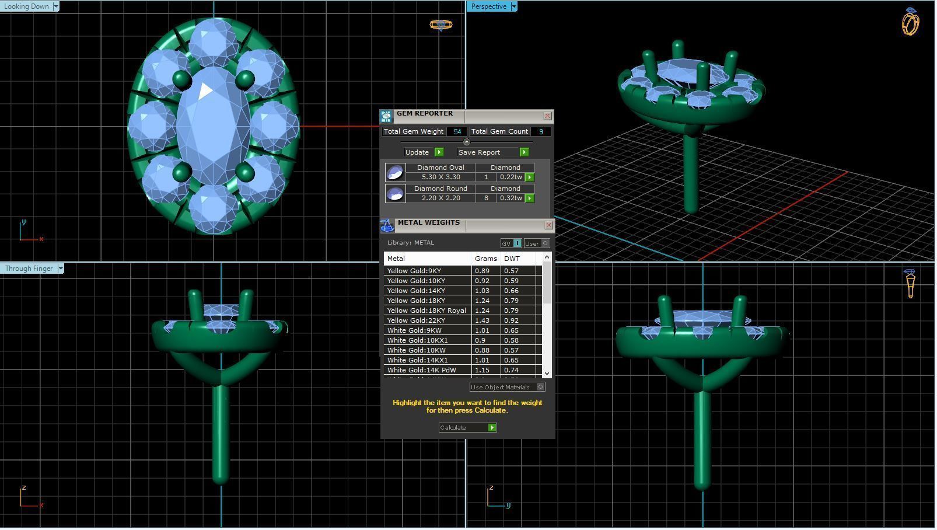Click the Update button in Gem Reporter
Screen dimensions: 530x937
pos(423,152)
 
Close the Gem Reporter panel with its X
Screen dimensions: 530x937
pos(547,116)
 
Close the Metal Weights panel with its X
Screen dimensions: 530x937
pos(548,225)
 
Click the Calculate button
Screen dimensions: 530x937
pos(467,428)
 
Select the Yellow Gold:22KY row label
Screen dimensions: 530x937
pos(416,320)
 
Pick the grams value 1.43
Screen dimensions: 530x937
pos(483,320)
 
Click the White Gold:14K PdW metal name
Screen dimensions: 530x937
pos(421,370)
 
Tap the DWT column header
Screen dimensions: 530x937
pos(512,259)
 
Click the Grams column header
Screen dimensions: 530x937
pos(485,259)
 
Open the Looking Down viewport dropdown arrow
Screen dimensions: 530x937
pos(56,6)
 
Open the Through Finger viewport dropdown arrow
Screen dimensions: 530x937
pos(61,269)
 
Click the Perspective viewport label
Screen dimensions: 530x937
pos(488,6)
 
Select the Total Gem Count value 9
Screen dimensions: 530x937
pos(541,132)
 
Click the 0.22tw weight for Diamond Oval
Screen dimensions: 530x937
pos(511,177)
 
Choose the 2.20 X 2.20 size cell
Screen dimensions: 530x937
pos(440,198)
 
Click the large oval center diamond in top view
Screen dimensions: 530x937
pos(213,125)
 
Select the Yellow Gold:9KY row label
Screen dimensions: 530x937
pos(414,271)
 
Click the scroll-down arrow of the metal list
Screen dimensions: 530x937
pos(547,373)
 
